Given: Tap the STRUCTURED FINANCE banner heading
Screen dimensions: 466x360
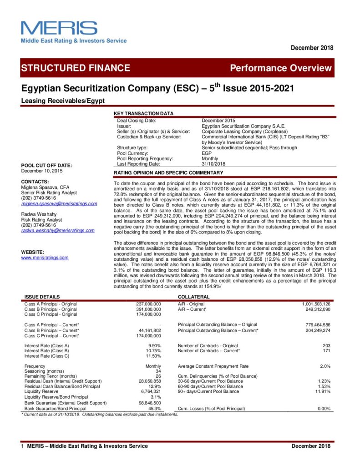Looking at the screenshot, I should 76,68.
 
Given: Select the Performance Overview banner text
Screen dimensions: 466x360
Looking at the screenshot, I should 281,68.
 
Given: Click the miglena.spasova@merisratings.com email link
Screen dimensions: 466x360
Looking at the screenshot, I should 59,203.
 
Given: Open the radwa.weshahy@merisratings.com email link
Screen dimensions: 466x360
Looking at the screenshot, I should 58,230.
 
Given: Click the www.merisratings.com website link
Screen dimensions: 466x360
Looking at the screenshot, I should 45,258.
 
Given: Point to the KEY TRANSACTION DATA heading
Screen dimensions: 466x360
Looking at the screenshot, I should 143,113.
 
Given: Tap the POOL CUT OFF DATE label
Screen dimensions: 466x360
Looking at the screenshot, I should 47,165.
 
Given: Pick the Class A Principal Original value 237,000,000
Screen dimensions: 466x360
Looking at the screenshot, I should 148,304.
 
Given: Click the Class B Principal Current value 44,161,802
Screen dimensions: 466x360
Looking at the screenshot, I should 150,330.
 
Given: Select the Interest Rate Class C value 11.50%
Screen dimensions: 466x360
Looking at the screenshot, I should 153,356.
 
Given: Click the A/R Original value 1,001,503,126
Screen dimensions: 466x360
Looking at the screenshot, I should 316,304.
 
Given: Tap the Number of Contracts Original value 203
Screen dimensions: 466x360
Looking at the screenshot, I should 326,346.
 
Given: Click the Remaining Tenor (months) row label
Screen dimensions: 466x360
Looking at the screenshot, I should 51,376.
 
